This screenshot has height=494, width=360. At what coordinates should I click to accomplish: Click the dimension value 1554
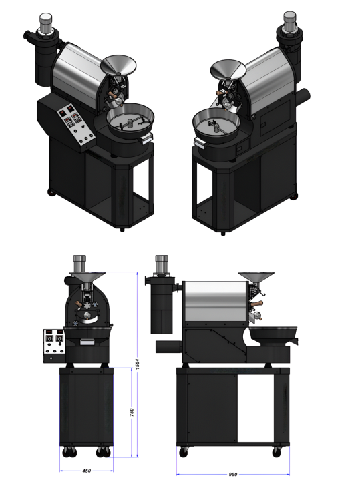coord(137,364)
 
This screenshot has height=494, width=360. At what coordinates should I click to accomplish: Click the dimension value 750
coord(132,412)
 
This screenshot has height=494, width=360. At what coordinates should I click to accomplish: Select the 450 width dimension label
coord(86,471)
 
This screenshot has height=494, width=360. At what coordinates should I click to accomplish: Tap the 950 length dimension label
coord(233,474)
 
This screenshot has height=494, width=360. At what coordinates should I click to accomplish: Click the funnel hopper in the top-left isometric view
coord(118,66)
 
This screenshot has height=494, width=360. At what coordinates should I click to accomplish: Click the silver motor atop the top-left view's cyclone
coord(45,22)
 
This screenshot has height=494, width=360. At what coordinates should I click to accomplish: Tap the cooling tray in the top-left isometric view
coord(130,119)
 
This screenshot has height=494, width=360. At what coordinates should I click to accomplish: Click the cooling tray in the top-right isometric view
coord(216,125)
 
